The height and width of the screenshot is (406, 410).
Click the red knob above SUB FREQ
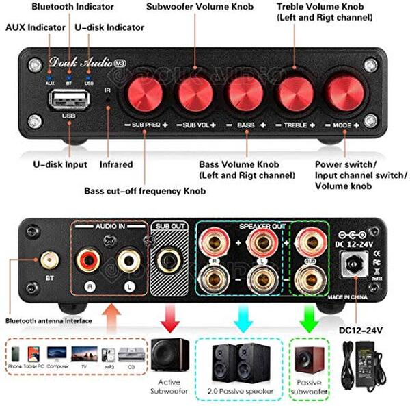click(145, 94)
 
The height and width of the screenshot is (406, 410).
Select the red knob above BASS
click(245, 94)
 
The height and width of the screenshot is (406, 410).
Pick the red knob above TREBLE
click(295, 94)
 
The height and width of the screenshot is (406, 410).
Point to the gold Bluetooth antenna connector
click(48, 260)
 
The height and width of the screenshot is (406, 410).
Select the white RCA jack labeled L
click(127, 260)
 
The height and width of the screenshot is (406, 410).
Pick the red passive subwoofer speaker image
click(309, 362)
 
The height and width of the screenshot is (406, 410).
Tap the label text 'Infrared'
click(115, 165)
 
